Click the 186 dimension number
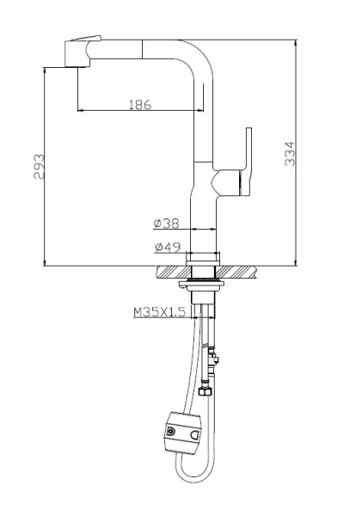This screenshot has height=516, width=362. pyautogui.click(x=139, y=105)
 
